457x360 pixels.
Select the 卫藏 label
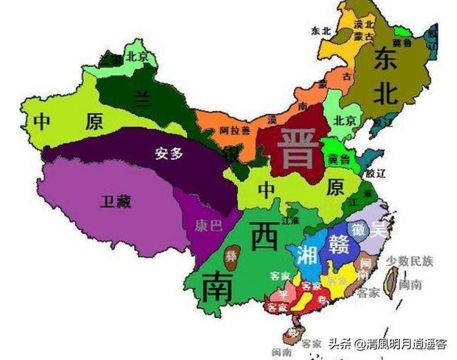click(x=116, y=202)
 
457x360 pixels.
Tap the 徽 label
click(x=358, y=229)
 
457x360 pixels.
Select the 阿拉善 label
click(x=234, y=129)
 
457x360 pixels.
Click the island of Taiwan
click(x=390, y=281)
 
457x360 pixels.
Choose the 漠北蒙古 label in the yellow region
click(x=363, y=30)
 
